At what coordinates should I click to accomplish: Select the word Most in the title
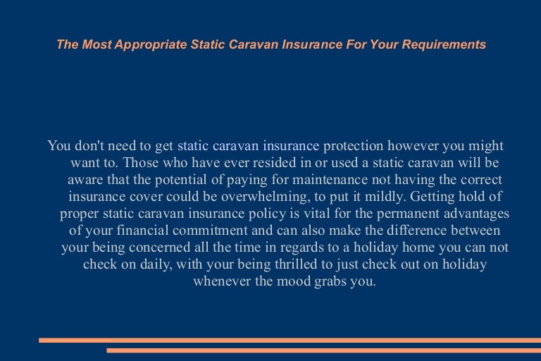click(93, 44)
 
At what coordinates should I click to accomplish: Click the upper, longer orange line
click(290, 340)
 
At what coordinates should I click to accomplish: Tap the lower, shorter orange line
click(323, 350)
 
